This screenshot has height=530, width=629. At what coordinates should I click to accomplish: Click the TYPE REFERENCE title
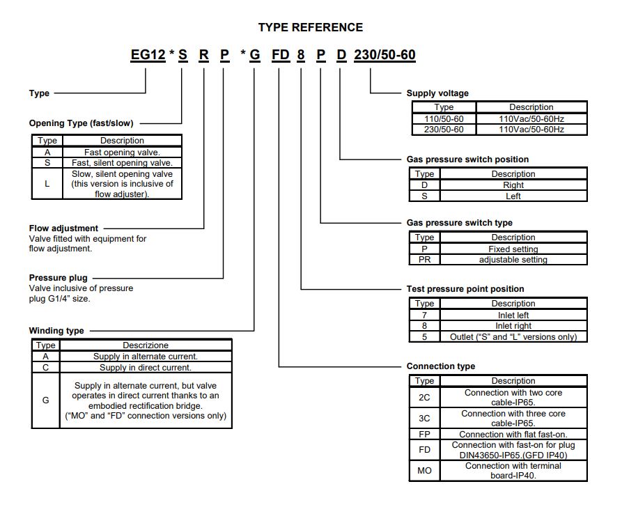[311, 27]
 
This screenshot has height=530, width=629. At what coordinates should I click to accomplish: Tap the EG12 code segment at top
[148, 54]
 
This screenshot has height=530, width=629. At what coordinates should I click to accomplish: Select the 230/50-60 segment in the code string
[385, 54]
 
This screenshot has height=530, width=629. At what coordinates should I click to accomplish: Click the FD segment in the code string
[281, 54]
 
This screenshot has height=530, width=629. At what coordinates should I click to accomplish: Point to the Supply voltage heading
[437, 93]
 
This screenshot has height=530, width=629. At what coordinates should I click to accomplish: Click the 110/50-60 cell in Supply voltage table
[444, 119]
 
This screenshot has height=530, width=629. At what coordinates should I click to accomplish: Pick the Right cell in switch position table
[513, 185]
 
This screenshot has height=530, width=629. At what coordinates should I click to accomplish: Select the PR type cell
[424, 260]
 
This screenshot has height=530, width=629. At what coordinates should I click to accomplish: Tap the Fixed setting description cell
[513, 249]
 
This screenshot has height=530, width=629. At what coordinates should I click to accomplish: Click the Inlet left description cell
[513, 315]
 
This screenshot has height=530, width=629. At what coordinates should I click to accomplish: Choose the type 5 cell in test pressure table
[424, 336]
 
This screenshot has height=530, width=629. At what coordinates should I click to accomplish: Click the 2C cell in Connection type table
[424, 397]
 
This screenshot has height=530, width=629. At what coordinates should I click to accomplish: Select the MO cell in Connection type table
[424, 471]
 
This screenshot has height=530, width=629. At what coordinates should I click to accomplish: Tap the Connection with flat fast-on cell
[513, 434]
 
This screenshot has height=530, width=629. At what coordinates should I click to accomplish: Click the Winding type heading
[56, 331]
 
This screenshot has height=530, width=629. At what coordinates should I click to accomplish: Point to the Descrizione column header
[145, 345]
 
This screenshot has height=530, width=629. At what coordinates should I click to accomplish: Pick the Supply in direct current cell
[145, 367]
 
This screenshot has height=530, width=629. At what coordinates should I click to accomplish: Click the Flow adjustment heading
[63, 228]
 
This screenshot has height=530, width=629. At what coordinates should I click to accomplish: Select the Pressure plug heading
[59, 278]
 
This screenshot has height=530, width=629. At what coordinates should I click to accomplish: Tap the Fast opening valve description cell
[122, 152]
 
